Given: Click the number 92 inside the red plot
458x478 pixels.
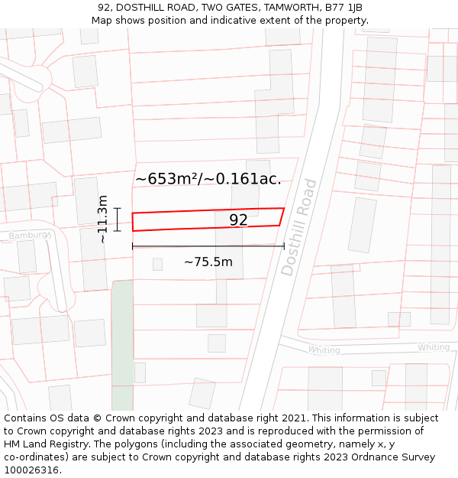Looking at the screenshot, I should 238,220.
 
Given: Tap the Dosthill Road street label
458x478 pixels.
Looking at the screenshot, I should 298,227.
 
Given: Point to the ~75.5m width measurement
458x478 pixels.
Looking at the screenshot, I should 208,262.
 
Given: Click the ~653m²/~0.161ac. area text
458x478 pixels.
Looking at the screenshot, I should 208,179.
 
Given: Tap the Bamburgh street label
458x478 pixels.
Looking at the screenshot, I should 30,236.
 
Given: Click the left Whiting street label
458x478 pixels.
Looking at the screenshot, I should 324,350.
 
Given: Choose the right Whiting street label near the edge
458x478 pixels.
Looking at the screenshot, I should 434,347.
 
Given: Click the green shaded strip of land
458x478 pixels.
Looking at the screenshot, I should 122,344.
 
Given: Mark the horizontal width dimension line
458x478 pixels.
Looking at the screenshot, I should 208,246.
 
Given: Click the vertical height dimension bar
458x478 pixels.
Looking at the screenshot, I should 117,219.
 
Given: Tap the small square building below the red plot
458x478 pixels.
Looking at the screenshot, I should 157,264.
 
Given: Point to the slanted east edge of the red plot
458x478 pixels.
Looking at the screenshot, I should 282,216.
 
